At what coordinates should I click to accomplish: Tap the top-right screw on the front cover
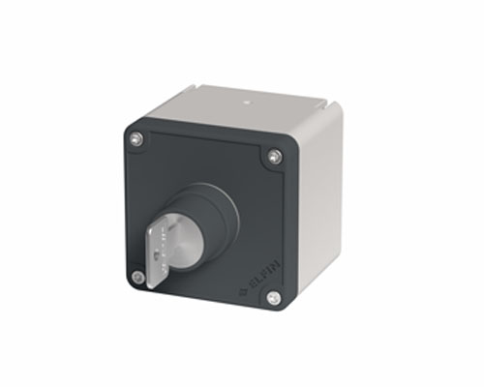(276, 155)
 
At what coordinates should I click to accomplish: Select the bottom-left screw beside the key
(137, 276)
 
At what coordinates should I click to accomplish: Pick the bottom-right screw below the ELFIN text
(273, 297)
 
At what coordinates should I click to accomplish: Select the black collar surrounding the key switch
(218, 208)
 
